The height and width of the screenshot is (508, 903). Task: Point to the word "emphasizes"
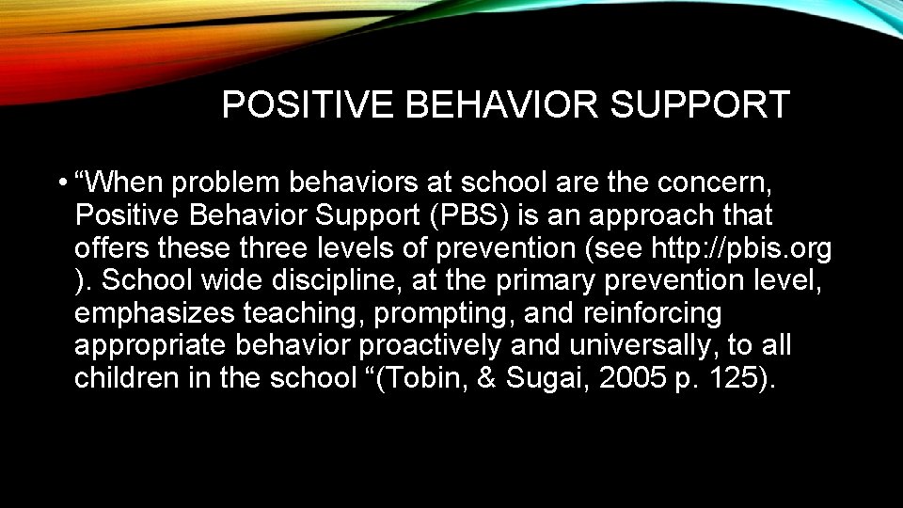(x=154, y=313)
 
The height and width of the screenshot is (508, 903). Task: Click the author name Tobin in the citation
(x=445, y=378)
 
